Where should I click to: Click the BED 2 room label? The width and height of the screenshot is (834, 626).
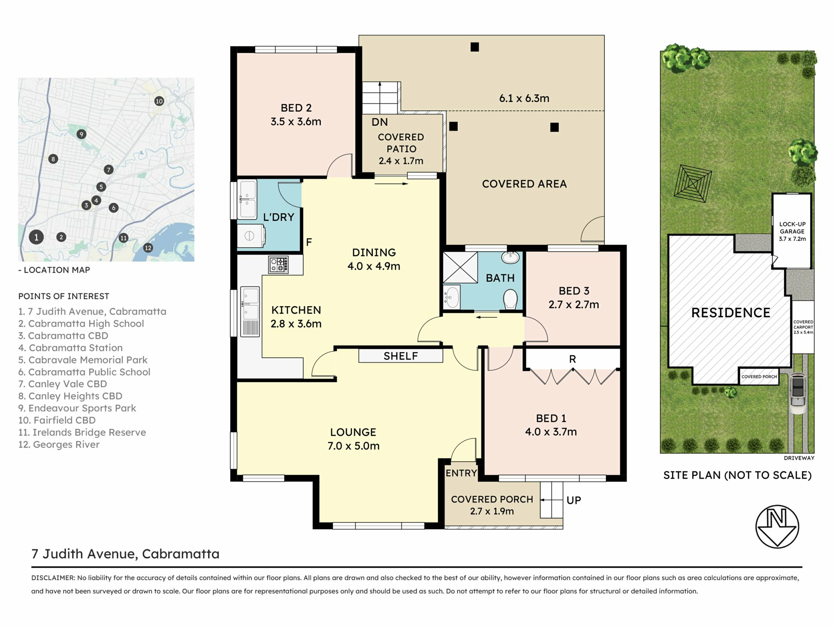point(296,108)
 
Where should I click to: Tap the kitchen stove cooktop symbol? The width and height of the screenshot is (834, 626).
point(278,264)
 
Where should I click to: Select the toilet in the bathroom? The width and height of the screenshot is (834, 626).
point(510,299)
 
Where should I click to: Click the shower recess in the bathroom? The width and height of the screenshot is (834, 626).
point(460,267)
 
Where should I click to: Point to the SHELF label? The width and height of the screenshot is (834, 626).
point(400,356)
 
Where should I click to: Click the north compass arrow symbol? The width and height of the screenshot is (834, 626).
point(777,526)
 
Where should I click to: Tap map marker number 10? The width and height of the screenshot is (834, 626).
point(159,101)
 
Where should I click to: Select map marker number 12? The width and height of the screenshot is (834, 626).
point(148,248)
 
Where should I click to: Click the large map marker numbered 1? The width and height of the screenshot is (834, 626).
point(36,237)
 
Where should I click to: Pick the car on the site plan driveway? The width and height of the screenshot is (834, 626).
point(798,393)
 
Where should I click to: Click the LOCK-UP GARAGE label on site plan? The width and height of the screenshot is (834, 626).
point(792,228)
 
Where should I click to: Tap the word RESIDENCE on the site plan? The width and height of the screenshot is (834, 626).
point(731,313)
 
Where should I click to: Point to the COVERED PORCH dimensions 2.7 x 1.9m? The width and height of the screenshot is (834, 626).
point(492,511)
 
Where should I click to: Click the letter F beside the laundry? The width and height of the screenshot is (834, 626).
point(309,242)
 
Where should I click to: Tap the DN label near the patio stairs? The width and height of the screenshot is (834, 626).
point(380,122)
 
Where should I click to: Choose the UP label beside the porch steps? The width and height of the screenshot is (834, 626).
point(574,500)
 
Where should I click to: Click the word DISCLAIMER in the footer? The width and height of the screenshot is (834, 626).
point(53,578)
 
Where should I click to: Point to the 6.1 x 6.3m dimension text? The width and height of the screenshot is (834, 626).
point(524,98)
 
